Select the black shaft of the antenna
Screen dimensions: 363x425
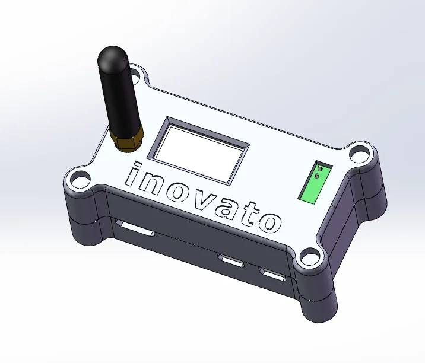(x=120, y=95)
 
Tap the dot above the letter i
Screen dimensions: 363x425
(x=138, y=165)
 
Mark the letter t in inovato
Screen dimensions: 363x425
(x=250, y=215)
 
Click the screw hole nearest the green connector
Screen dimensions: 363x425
(x=358, y=154)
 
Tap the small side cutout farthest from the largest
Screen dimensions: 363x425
(x=272, y=274)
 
